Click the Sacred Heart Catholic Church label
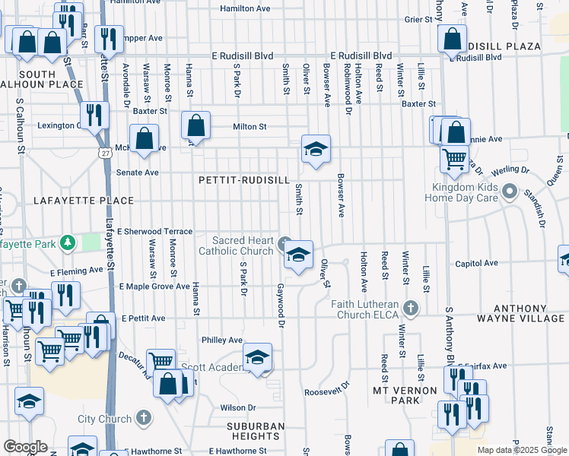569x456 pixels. tap(236, 245)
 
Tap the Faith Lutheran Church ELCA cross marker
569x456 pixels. tap(411, 308)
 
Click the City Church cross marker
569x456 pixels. tap(143, 418)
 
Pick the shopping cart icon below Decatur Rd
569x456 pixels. tap(161, 362)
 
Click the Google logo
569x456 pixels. tap(25, 447)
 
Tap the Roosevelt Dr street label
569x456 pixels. tap(326, 392)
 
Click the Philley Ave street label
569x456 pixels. tap(222, 340)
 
